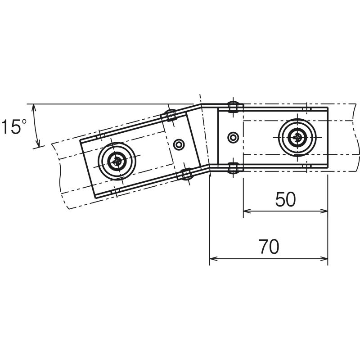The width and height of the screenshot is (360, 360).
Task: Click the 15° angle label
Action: coord(14,126)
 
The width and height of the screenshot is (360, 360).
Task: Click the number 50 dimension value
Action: coord(285,199)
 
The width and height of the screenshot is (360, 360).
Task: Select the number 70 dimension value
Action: coord(270,247)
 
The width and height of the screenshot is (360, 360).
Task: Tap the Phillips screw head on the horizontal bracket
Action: coord(297,138)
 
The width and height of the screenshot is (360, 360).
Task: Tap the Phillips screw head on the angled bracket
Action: coord(117,161)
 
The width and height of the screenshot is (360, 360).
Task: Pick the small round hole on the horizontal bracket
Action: coord(233,138)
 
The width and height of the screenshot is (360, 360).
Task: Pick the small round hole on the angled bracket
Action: coord(179,144)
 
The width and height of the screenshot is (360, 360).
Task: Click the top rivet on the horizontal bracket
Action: coord(233,107)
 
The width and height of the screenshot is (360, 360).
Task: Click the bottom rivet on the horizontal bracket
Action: coord(233,167)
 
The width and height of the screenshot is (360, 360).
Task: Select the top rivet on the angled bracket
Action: coord(171,115)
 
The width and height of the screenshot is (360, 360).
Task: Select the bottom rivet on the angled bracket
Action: coord(186,174)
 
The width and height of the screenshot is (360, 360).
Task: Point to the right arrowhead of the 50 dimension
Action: coord(324,211)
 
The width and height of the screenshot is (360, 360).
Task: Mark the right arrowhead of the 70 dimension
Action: coord(324,259)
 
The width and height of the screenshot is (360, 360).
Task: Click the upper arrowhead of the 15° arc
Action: coord(34,108)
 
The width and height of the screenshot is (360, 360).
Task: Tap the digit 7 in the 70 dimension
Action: coord(265,247)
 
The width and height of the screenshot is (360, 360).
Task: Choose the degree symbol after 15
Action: coord(24,121)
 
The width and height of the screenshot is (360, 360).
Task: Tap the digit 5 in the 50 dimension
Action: coord(280,199)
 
